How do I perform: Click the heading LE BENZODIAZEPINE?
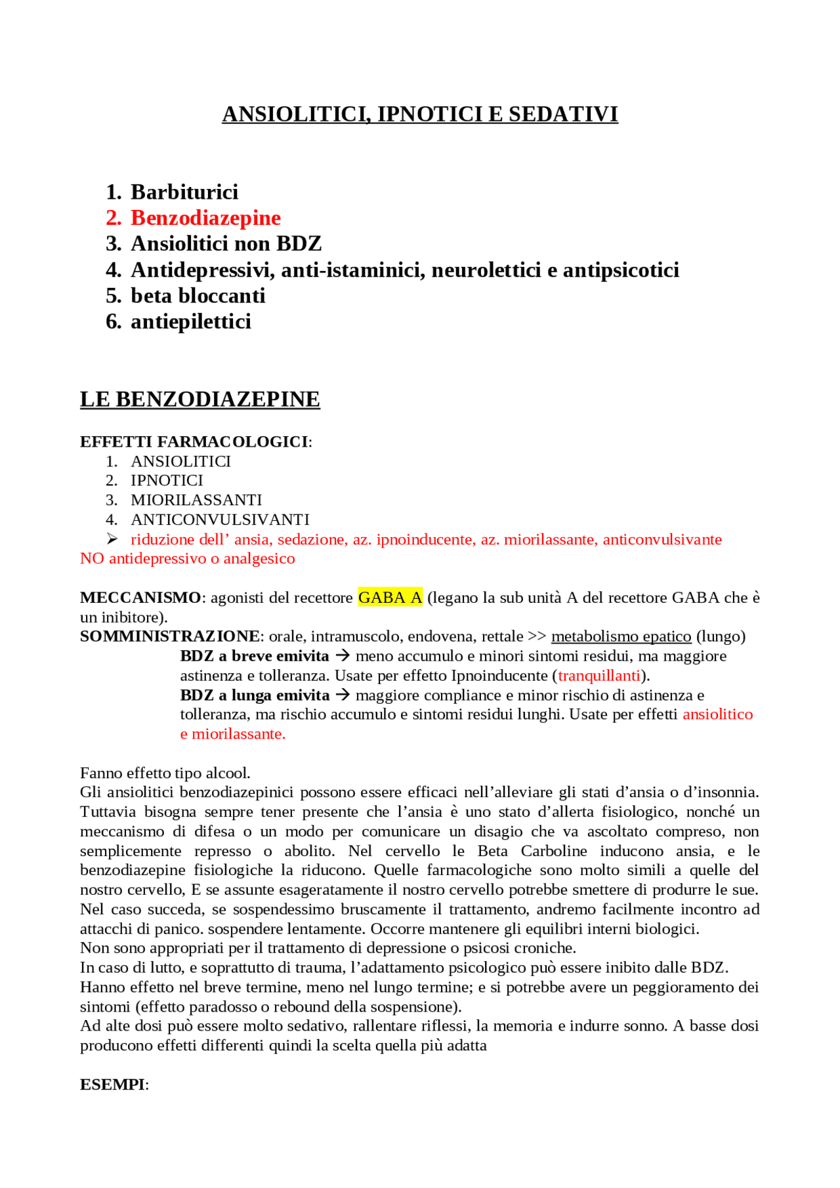pos(199,399)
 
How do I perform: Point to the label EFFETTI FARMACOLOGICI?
pos(194,441)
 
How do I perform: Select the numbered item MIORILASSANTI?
pos(196,500)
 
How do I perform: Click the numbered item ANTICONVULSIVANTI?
pos(220,520)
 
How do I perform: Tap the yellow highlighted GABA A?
pos(390,598)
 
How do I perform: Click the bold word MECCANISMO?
pos(140,598)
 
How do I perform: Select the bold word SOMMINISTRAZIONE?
pos(170,636)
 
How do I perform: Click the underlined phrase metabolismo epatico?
pos(621,636)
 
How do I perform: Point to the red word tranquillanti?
pos(598,676)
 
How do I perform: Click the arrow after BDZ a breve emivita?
pos(342,655)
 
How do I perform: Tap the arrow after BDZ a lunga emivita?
pos(343,695)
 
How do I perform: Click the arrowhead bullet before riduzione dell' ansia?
pos(112,539)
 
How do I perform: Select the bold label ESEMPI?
pos(112,1084)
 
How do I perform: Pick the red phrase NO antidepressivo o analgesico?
pos(187,558)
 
